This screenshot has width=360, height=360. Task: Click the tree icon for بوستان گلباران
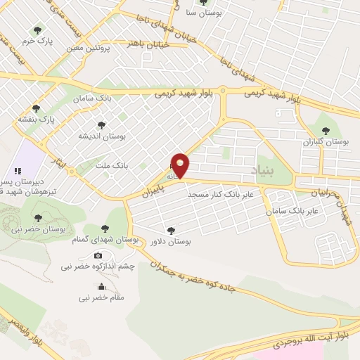[x=325, y=130]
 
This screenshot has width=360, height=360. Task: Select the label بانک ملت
[x=111, y=166]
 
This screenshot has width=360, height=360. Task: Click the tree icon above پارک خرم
[x=37, y=30]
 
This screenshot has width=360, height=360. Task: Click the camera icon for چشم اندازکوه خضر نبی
[x=98, y=255]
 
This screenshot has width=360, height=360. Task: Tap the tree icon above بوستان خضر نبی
[x=38, y=217]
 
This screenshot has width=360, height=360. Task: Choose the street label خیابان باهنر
[x=146, y=44]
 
